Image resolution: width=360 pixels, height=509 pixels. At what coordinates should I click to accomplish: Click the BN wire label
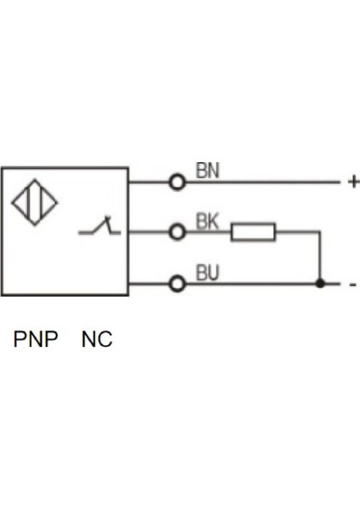click(207, 170)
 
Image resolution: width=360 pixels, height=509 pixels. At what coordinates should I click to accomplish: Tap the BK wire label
click(207, 221)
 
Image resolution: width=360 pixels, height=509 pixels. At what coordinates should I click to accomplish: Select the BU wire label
click(207, 273)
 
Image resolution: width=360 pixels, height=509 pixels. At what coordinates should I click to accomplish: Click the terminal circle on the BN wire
click(177, 182)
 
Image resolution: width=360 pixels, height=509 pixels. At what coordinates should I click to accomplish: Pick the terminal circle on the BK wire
click(177, 232)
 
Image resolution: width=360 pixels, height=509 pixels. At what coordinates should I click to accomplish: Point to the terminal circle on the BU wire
click(177, 283)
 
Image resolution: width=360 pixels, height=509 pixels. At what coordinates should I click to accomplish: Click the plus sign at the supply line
click(353, 182)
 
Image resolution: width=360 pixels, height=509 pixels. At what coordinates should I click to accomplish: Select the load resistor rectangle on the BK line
click(253, 232)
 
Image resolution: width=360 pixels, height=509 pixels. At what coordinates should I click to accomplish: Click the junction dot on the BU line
click(319, 283)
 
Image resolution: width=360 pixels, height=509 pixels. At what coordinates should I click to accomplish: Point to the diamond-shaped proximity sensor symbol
click(34, 204)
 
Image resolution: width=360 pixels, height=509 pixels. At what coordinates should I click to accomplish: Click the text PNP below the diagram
click(36, 340)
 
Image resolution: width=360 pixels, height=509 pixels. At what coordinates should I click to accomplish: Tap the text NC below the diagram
click(97, 340)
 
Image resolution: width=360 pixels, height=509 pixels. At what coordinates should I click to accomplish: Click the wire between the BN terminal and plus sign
click(263, 182)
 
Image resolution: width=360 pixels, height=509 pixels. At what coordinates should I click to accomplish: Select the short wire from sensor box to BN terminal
click(149, 182)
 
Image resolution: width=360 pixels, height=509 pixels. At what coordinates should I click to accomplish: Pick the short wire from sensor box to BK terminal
click(149, 232)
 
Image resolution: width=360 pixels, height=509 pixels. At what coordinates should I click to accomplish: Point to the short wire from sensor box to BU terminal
click(149, 283)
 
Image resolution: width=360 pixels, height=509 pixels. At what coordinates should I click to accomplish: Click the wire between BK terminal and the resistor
click(208, 232)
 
